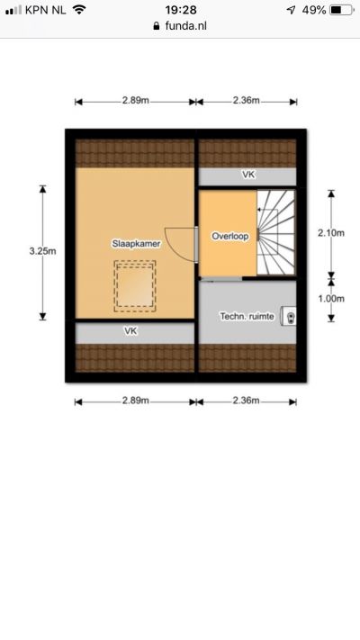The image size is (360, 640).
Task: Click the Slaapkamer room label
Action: point(136,244)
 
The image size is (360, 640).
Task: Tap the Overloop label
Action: point(230,237)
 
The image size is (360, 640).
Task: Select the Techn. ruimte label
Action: point(247,316)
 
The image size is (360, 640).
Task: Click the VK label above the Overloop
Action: point(248,175)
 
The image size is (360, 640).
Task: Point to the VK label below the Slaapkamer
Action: point(130,331)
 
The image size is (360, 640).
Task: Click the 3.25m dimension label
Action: point(43,251)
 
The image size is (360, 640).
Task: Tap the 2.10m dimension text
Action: point(331,232)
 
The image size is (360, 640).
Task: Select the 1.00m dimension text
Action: point(331,298)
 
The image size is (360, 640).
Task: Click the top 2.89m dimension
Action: point(136,101)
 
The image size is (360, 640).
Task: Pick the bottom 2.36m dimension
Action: point(246,401)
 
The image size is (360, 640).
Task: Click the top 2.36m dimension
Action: point(246,101)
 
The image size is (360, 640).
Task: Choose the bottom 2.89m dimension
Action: point(136,401)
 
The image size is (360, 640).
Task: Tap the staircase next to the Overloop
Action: point(276,232)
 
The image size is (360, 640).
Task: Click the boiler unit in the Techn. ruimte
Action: point(288,316)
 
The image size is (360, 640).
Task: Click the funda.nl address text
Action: point(185,26)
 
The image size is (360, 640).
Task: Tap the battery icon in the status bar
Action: point(342,10)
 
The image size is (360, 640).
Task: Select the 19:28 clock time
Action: point(181,10)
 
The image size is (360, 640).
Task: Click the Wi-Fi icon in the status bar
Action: point(79,10)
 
